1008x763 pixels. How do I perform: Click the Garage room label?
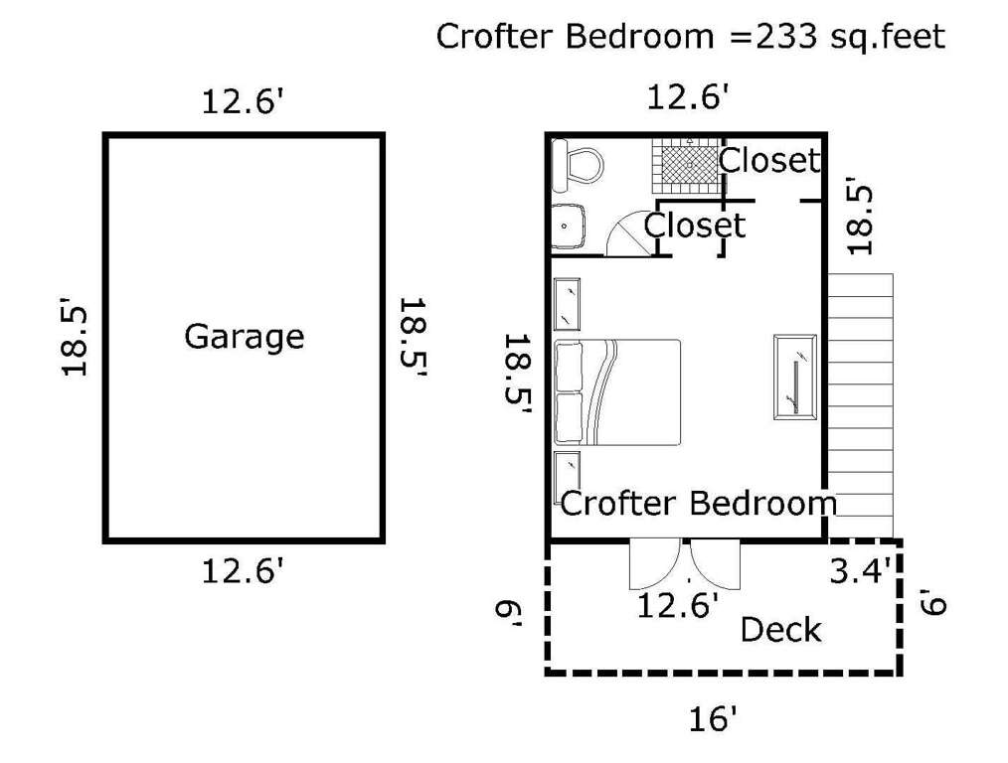click(245, 337)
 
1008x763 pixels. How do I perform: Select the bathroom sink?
click(569, 226)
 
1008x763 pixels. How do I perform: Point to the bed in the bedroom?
click(617, 392)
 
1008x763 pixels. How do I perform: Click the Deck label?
click(780, 630)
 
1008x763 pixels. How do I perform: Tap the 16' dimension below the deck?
click(713, 718)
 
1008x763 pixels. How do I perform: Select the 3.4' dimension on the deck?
click(861, 569)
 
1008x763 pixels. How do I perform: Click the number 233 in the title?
click(785, 36)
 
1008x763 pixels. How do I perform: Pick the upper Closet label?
click(769, 160)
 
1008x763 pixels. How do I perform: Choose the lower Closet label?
click(694, 226)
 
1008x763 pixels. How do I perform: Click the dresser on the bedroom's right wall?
click(796, 378)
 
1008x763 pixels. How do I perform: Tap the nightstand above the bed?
click(567, 304)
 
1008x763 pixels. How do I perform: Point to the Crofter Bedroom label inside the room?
click(699, 503)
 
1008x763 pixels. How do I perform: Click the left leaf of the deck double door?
click(655, 565)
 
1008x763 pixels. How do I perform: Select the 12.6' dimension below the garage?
click(243, 570)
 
